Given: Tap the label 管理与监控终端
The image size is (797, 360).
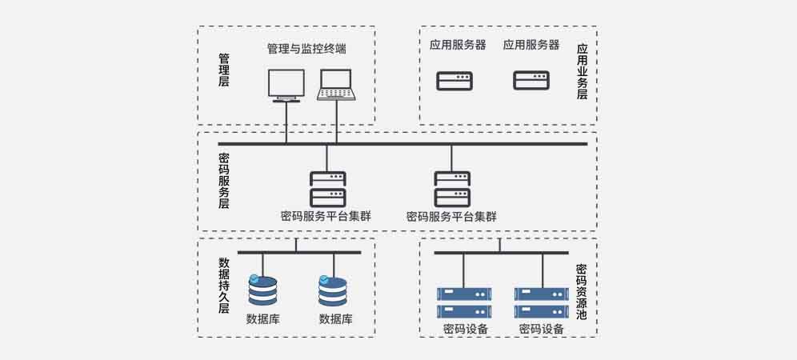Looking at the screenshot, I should tap(306, 49).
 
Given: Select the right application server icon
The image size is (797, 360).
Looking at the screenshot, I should tap(531, 80).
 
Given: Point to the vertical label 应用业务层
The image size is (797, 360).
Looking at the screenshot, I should tap(582, 71).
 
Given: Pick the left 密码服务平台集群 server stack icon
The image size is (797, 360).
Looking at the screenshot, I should tap(326, 189).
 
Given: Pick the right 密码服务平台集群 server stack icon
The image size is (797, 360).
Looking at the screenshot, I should tap(452, 189).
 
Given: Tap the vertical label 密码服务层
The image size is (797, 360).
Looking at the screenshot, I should tap(224, 181).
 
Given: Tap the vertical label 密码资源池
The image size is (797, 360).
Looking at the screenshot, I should tap(582, 291).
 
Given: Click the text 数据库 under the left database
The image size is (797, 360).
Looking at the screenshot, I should tap(262, 319).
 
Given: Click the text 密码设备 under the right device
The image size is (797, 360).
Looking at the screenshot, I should tap(541, 329).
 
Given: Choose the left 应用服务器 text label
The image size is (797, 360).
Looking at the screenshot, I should tap(453, 45).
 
